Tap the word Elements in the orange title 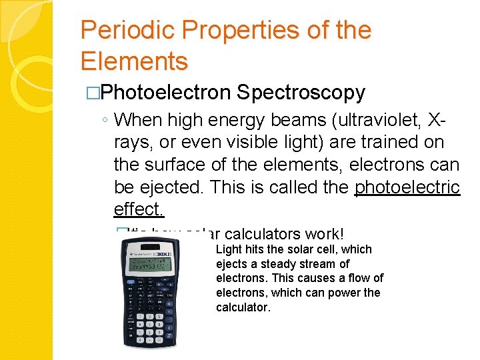(134, 61)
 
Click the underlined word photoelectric (407, 187)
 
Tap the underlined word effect (138, 209)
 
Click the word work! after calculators (324, 234)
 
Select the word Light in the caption (229, 249)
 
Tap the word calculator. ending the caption (243, 307)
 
